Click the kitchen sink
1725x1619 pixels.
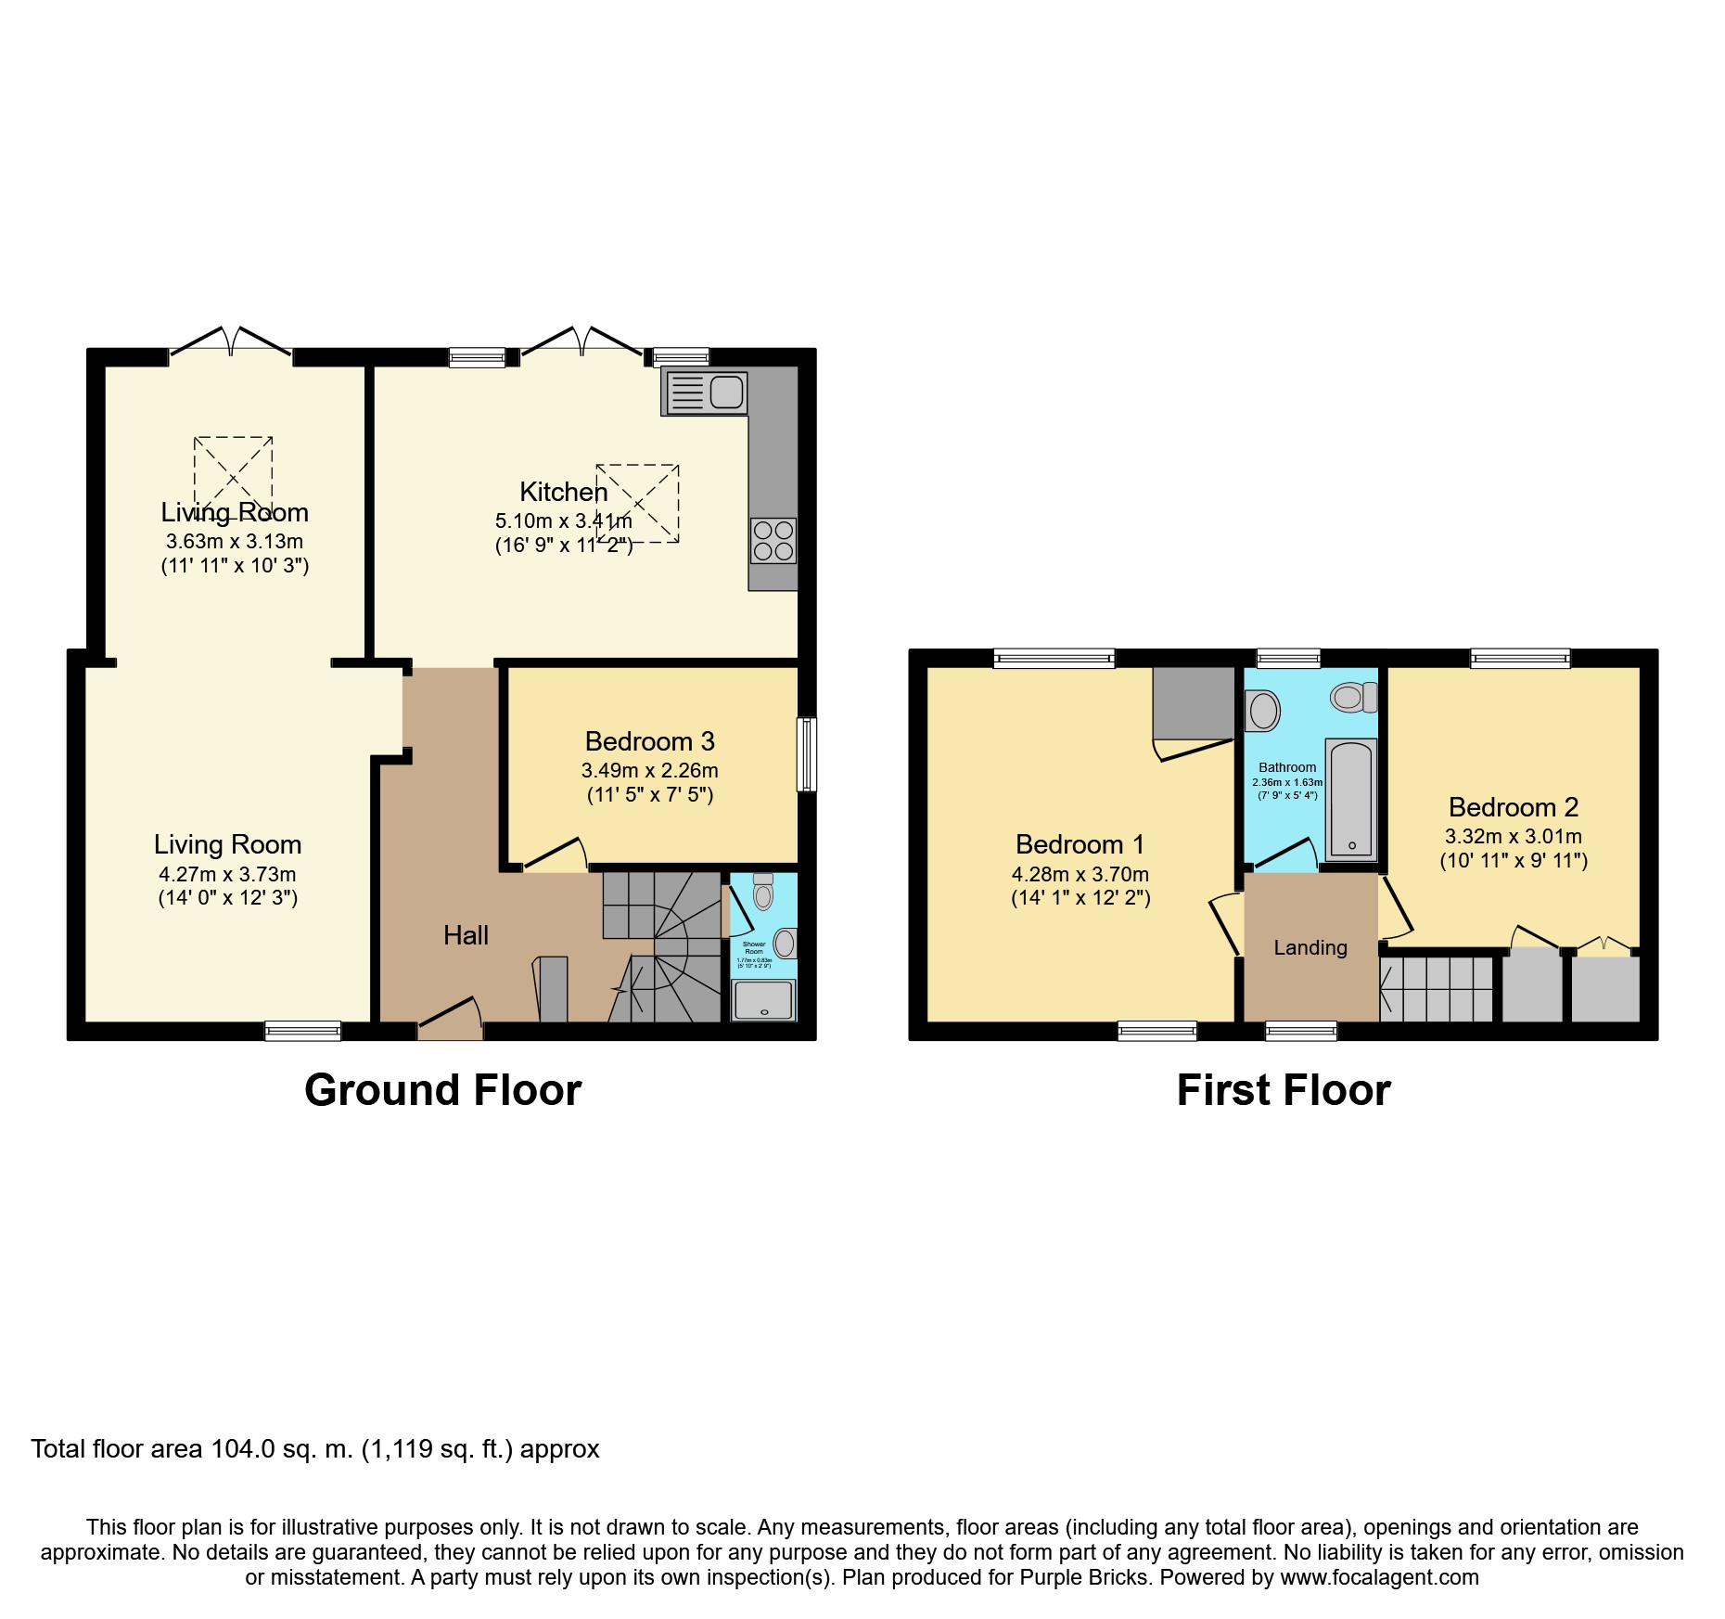pos(705,392)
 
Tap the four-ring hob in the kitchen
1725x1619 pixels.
pos(773,541)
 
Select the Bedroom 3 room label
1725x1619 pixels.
pos(649,741)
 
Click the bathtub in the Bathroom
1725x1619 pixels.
pos(1351,800)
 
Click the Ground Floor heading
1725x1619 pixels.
pos(442,1090)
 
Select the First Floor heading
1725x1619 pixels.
pos(1283,1090)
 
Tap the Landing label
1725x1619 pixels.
pos(1310,947)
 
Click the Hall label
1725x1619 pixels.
pos(466,935)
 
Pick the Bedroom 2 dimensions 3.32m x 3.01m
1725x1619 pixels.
pos(1513,836)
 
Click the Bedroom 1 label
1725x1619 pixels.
pos(1080,844)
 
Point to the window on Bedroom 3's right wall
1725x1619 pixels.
pos(807,753)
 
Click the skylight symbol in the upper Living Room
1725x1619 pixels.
pos(233,472)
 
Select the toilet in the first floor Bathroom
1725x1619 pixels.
pos(1353,696)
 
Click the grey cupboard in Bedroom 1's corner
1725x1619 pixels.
pos(1195,702)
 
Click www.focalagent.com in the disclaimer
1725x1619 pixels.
pos(1379,1577)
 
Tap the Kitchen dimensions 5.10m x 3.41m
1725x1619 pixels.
pos(563,521)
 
